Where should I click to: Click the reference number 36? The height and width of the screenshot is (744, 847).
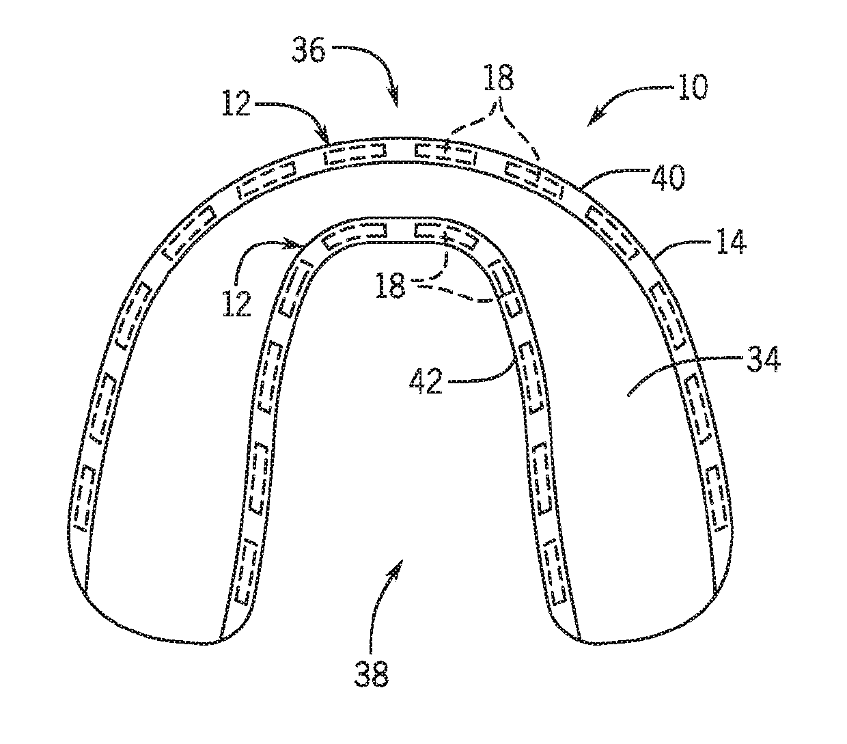click(x=308, y=51)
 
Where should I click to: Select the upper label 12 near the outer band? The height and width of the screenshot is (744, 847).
click(x=236, y=107)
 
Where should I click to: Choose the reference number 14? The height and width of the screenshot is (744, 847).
click(x=731, y=244)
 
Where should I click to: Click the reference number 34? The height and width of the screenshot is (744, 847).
click(x=762, y=361)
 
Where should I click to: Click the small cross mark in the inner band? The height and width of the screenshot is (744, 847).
click(x=445, y=238)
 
